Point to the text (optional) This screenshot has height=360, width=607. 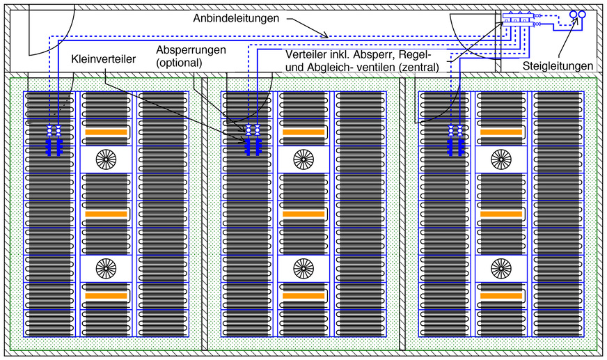(x=179, y=63)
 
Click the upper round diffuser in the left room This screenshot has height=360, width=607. (x=106, y=159)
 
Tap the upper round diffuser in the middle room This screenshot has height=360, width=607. (x=303, y=159)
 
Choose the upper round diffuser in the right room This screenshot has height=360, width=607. (x=500, y=159)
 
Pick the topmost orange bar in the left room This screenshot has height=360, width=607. (x=106, y=132)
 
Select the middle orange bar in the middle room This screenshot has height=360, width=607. (x=303, y=214)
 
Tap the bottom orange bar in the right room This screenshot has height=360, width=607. (x=500, y=296)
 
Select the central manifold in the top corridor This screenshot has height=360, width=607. (x=519, y=18)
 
